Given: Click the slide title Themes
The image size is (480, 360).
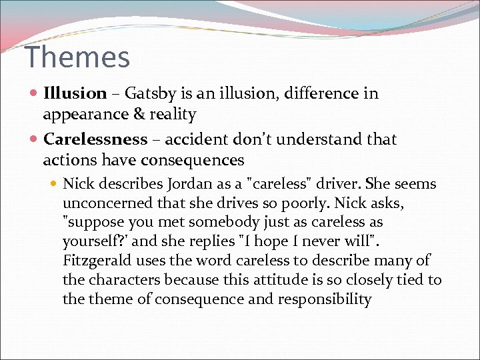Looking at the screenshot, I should [x=77, y=57].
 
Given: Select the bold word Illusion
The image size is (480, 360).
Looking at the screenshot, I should [x=75, y=93].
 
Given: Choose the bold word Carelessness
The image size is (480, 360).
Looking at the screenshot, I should [x=95, y=139].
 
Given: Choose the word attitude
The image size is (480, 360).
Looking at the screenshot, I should [x=283, y=280].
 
